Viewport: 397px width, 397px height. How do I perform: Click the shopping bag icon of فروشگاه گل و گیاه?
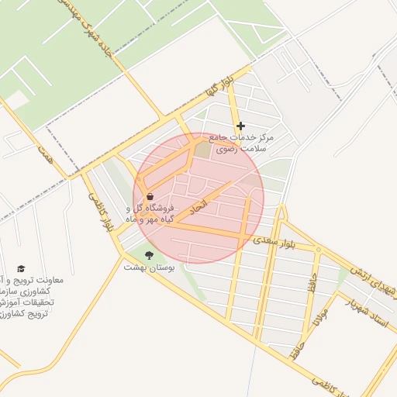click(x=150, y=196)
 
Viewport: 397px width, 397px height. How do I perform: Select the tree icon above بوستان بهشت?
click(x=149, y=254)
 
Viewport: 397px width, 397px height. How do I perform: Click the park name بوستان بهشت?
click(x=149, y=267)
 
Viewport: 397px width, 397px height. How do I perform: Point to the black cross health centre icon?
click(x=240, y=126)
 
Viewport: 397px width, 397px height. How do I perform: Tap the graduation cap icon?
click(x=21, y=268)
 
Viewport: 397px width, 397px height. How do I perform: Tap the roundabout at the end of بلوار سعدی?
click(x=317, y=250)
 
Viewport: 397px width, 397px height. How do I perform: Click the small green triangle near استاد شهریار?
click(x=342, y=274)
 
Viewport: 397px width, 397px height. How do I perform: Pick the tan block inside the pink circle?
click(x=202, y=149)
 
